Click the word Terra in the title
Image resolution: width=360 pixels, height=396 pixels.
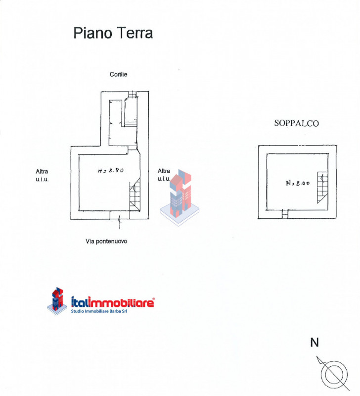point(135,33)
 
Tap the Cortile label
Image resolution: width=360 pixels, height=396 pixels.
point(119,75)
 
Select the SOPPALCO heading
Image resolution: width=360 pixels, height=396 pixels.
point(297,124)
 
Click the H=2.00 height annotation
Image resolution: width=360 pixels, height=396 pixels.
point(298,183)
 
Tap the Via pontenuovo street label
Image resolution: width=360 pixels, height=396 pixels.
point(107,242)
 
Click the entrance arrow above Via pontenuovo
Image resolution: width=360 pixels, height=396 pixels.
point(119,224)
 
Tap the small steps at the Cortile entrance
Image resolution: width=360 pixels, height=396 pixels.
point(132,95)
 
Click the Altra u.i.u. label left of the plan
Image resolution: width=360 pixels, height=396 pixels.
point(42,175)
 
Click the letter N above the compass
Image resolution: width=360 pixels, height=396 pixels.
point(314,343)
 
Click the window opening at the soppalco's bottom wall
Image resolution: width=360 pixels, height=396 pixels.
point(284,214)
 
